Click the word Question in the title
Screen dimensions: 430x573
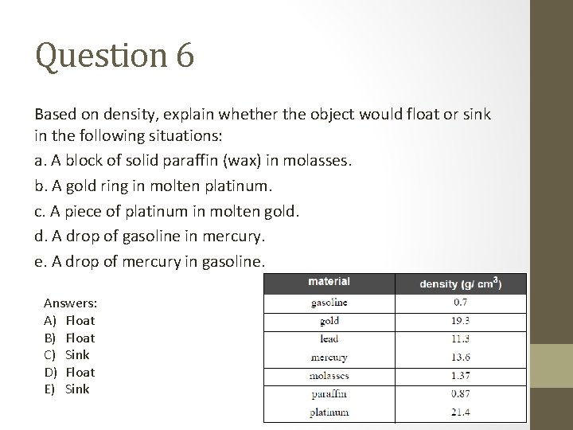(x=97, y=57)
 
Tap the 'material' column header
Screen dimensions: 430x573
(x=329, y=282)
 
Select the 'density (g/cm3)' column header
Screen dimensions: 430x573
(x=461, y=283)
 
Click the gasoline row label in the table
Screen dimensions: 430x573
(x=329, y=303)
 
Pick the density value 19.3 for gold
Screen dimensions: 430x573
(x=461, y=321)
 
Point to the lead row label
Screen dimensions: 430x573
(x=329, y=338)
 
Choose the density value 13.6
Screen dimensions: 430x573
(x=461, y=357)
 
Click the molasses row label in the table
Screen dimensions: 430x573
(x=329, y=375)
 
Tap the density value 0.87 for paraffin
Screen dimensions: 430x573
(x=461, y=393)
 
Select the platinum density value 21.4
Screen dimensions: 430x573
(x=461, y=412)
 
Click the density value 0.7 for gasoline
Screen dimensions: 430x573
(x=461, y=303)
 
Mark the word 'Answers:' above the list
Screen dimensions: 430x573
(x=71, y=303)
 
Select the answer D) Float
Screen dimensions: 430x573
(x=70, y=372)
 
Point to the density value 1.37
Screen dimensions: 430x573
(x=461, y=375)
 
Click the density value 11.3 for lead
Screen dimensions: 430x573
(x=461, y=338)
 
